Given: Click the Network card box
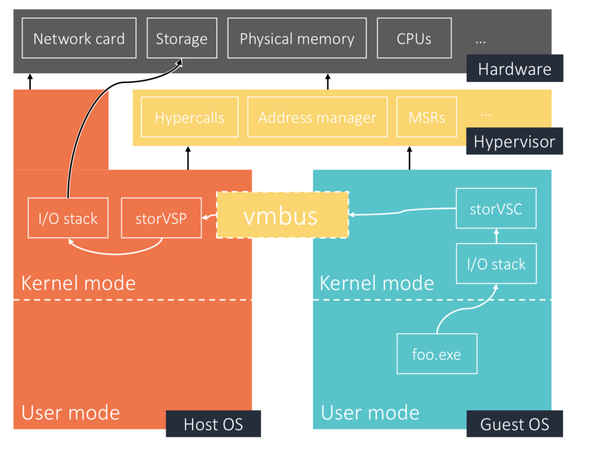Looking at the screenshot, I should (79, 38).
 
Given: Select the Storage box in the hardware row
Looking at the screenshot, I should (182, 38).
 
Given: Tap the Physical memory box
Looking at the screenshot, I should (297, 38).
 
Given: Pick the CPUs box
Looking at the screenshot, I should (414, 38).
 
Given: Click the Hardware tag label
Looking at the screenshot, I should (515, 69).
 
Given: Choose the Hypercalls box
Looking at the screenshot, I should (190, 117).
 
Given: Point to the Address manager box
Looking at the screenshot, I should (317, 117).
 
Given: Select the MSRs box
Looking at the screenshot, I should (427, 117).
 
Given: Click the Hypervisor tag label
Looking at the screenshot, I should (515, 142).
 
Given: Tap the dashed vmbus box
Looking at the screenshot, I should (282, 215).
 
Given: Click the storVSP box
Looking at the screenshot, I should (161, 218).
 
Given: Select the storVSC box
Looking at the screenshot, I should (495, 208).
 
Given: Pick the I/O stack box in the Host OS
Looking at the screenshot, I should (68, 218).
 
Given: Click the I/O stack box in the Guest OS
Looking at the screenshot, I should (496, 264).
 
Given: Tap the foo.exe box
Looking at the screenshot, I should (436, 353).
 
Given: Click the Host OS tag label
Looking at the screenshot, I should (213, 424).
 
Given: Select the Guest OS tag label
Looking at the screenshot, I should (515, 424).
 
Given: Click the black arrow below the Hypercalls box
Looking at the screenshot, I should (188, 158).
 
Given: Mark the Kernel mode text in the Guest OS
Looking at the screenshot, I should (376, 283).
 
